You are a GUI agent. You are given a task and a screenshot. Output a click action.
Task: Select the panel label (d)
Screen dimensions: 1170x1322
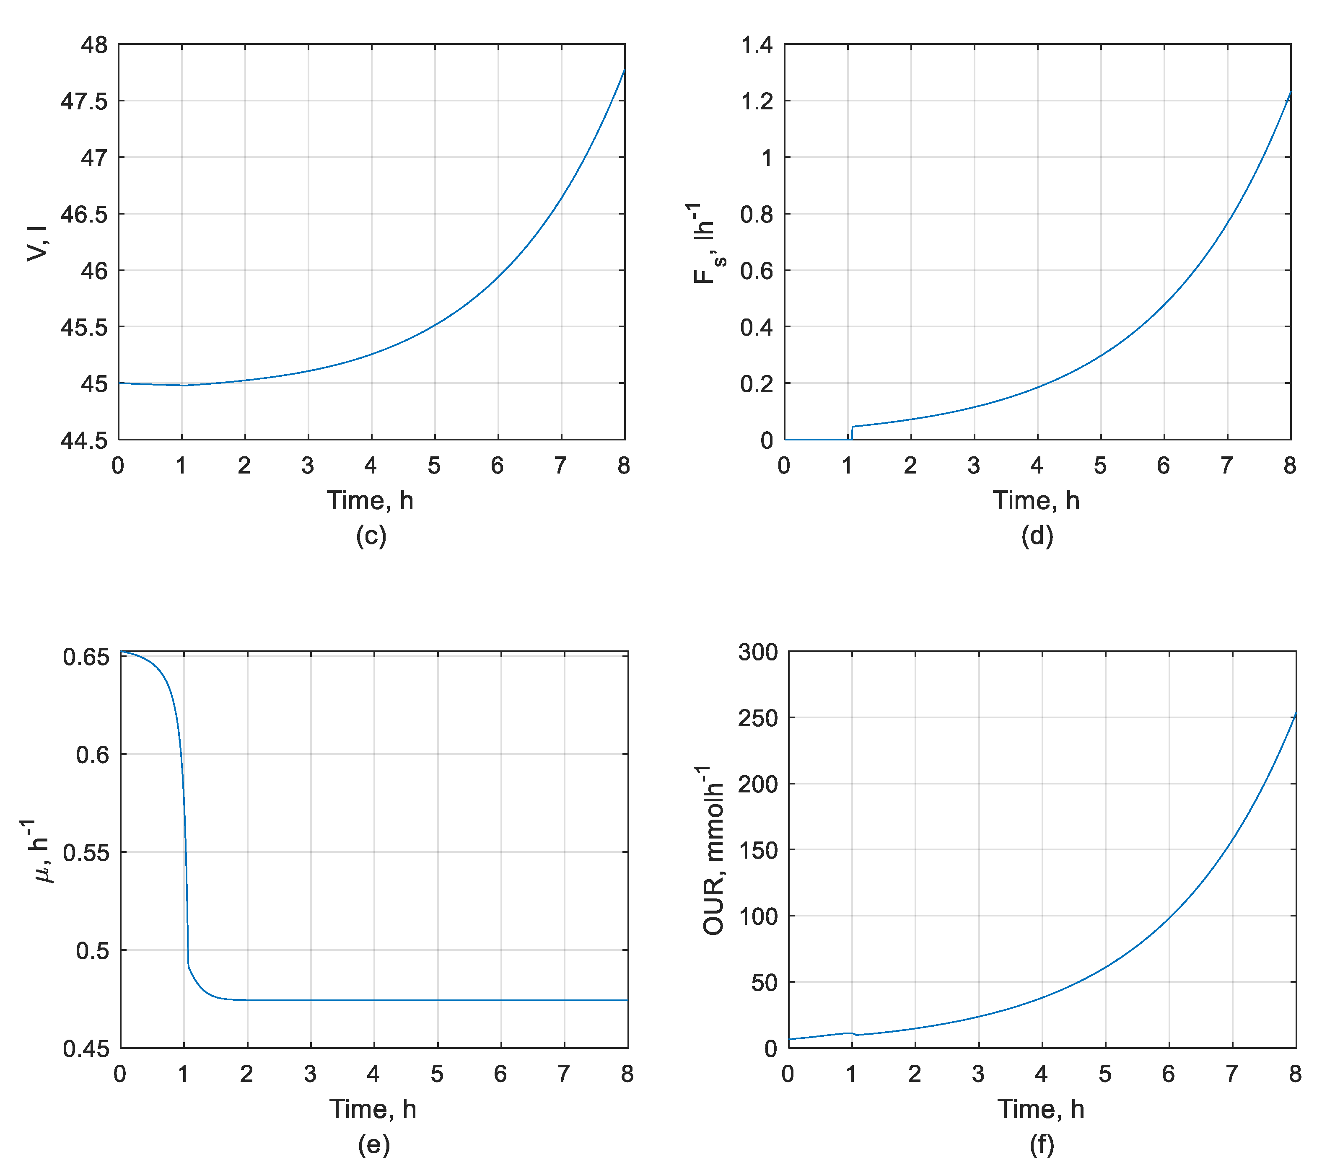[x=1037, y=536]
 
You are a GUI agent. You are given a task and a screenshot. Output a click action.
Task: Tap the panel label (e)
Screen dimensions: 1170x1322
[x=374, y=1145]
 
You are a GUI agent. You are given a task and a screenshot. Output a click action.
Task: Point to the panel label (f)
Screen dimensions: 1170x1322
[x=1041, y=1145]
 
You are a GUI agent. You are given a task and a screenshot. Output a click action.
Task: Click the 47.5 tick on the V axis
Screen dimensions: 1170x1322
[x=84, y=101]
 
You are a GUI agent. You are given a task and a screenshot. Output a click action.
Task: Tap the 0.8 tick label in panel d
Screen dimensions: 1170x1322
[x=756, y=215]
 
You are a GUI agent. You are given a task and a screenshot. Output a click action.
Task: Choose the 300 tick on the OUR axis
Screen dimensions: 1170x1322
[x=757, y=652]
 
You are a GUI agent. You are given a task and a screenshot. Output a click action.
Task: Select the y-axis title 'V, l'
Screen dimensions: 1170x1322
[x=37, y=243]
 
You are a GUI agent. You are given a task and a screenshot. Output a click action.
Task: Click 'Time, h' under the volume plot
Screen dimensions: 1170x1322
[x=370, y=501]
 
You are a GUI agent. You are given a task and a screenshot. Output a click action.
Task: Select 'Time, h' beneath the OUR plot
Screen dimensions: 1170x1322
[x=1041, y=1110]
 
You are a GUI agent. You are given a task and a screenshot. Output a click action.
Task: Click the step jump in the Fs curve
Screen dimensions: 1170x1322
[x=852, y=432]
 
